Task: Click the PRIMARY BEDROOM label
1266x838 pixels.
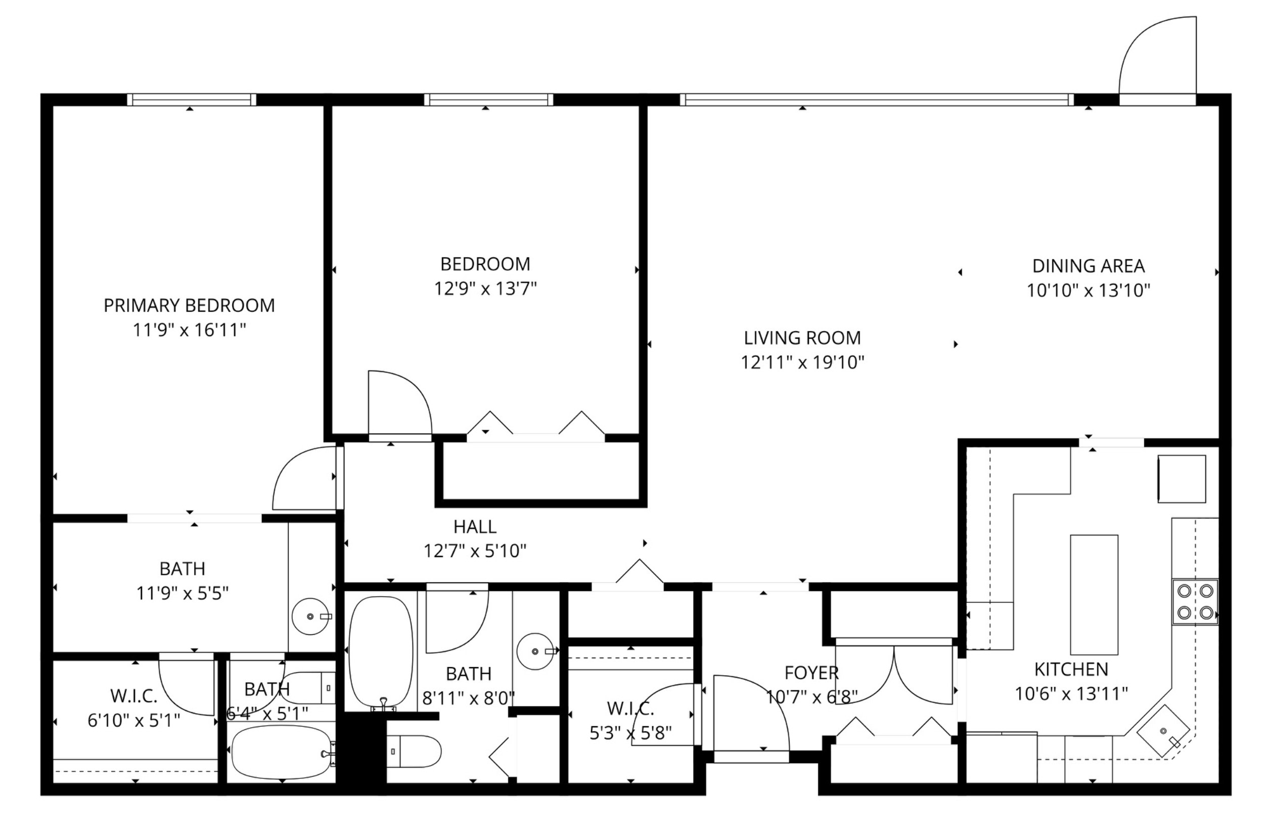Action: click(x=189, y=305)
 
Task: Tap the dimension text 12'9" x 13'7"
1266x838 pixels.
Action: click(x=485, y=289)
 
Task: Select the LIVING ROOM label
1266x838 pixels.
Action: click(x=802, y=338)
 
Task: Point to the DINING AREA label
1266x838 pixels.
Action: click(x=1089, y=266)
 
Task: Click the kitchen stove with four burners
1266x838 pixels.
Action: click(x=1195, y=601)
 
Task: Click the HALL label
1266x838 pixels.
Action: click(x=475, y=527)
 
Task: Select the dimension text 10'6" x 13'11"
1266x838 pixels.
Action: click(x=1071, y=694)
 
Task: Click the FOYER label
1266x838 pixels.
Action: click(x=811, y=673)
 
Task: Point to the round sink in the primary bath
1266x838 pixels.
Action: click(x=310, y=616)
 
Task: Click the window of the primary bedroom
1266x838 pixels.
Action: click(x=192, y=100)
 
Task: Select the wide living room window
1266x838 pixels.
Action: click(x=877, y=100)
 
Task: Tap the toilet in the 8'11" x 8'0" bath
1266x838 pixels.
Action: click(x=414, y=752)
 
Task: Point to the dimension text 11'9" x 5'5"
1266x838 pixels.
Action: click(x=183, y=593)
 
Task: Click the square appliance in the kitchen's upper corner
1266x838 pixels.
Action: click(x=1182, y=479)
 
